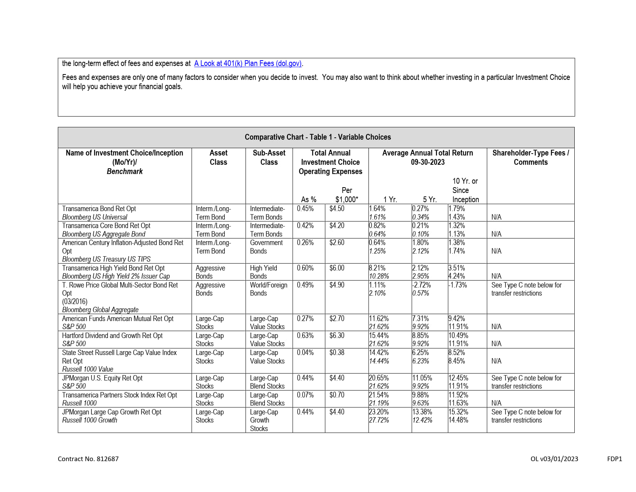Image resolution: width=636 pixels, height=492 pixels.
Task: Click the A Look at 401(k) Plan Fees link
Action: [x=248, y=63]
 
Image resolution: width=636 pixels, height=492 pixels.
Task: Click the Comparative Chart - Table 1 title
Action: [x=318, y=137]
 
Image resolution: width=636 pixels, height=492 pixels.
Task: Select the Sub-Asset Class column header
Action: [x=269, y=157]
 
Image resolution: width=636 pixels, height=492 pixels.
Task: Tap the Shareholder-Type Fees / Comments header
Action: [x=530, y=157]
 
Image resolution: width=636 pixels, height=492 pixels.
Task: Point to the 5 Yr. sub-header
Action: [x=429, y=200]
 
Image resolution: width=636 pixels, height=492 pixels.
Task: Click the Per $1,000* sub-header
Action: [x=347, y=195]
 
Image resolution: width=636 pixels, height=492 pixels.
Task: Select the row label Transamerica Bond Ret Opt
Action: [x=99, y=209]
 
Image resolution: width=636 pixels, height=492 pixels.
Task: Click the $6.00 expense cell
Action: [x=337, y=268]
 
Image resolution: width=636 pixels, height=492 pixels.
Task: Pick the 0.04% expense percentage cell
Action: [x=305, y=353]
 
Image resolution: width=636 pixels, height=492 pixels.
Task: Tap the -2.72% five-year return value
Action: [x=421, y=285]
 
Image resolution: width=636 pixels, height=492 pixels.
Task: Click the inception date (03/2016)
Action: [x=75, y=301]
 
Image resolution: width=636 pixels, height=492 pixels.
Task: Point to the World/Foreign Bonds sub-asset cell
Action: [x=268, y=289]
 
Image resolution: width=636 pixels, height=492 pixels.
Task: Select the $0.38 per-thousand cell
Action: [x=337, y=353]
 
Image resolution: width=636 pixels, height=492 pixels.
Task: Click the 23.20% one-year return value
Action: [x=379, y=412]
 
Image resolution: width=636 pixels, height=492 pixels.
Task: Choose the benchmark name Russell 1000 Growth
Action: [x=90, y=420]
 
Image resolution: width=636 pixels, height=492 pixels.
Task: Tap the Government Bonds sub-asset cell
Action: [x=266, y=247]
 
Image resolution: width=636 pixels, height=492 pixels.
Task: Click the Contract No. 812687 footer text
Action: [x=88, y=459]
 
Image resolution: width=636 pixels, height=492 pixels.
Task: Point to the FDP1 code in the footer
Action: [x=614, y=459]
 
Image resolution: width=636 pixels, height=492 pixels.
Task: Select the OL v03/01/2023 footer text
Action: [x=554, y=459]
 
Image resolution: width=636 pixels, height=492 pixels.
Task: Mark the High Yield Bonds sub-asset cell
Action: [x=263, y=272]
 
